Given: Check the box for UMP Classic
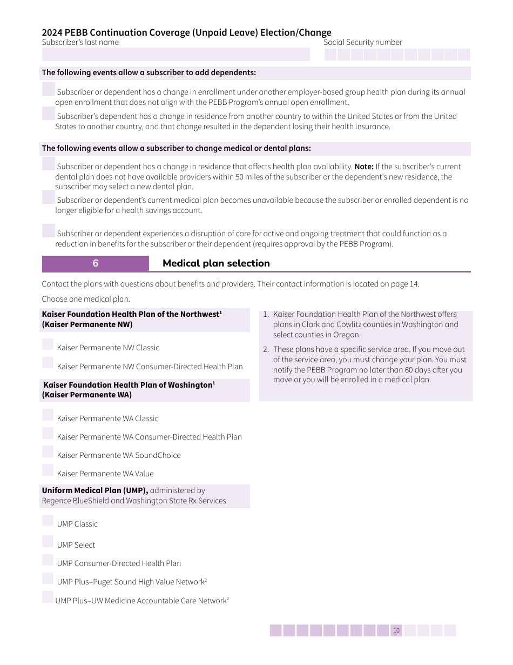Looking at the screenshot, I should pos(48,521).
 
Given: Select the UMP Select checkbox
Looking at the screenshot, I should pos(48,542).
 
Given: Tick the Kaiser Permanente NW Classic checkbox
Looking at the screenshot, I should pos(48,344).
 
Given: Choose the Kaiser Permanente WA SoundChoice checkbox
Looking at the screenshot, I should pos(48,452).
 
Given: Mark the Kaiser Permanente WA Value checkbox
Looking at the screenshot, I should pos(48,470).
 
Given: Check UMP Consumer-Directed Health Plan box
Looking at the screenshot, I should pos(48,560).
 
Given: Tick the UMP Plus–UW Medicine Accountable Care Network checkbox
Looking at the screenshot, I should pos(48,597).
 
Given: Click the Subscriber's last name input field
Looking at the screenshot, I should pos(175,54).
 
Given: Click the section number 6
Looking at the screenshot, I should pos(96,263).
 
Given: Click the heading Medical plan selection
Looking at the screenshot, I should pos(216,263).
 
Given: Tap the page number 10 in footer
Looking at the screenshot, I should pos(396,630).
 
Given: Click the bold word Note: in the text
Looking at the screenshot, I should pos(364,167).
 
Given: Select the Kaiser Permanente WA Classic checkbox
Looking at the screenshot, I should pos(48,415).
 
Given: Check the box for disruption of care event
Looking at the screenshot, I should pos(48,230).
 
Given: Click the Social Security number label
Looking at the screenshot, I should pos(362,42).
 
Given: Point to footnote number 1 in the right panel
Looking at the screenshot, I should pos(266,315).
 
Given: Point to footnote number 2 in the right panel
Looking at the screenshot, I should pos(266,350).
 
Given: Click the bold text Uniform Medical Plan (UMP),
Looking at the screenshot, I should pos(95,490).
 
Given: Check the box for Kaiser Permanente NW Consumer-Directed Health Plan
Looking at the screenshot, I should pos(48,363).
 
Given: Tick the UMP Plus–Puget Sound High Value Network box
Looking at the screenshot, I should pos(48,578).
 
